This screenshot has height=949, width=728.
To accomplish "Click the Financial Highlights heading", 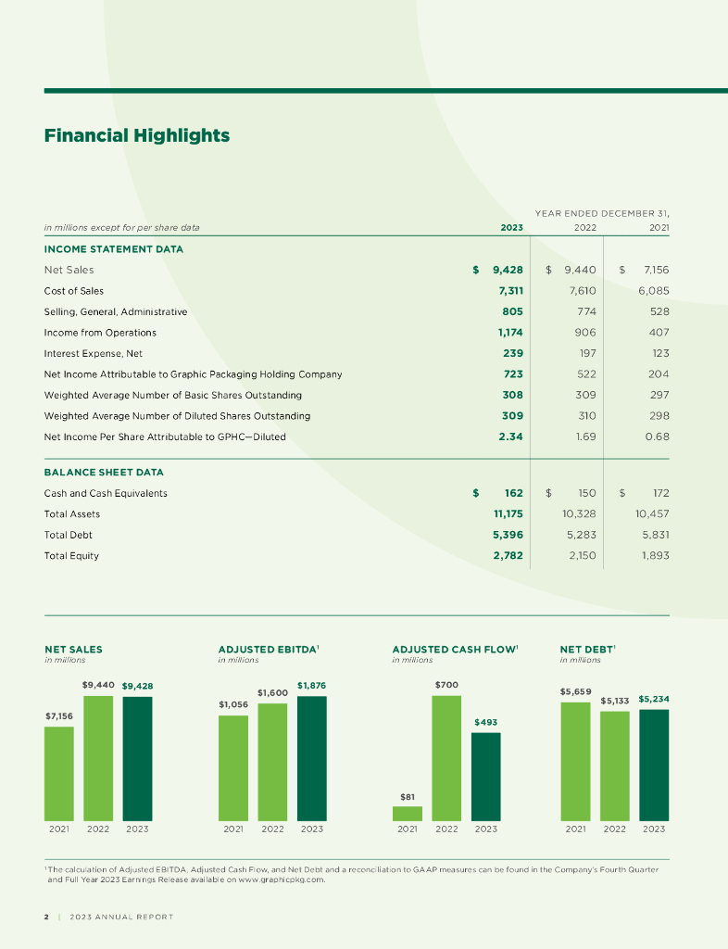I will point(136,136).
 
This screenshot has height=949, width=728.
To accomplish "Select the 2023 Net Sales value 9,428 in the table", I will point(508,271).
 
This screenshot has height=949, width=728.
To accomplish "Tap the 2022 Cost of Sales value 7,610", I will point(581,291).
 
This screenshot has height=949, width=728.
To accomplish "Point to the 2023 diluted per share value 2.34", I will point(510,437).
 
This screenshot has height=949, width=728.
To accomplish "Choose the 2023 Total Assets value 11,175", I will point(505,513).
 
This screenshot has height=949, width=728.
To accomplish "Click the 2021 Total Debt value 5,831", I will point(653,535).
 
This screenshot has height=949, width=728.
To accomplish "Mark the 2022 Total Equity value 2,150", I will point(581,556).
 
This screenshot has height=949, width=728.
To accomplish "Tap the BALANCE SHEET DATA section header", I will point(104,473).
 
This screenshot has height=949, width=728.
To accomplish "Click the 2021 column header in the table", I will point(659,227).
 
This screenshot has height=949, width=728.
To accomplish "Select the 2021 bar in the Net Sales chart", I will point(59,773).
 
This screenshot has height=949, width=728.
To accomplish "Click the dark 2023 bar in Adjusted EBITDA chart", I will point(312,758).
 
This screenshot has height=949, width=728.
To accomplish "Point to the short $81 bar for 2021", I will point(408,813).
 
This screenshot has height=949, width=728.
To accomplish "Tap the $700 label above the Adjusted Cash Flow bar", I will point(446,685).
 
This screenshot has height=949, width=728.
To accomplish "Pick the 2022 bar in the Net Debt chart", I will point(615,766).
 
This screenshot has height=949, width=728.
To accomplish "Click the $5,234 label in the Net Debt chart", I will point(654,699).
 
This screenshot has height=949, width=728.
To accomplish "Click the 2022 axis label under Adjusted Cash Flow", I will point(446,829).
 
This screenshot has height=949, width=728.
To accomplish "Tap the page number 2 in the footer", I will point(46,917).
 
